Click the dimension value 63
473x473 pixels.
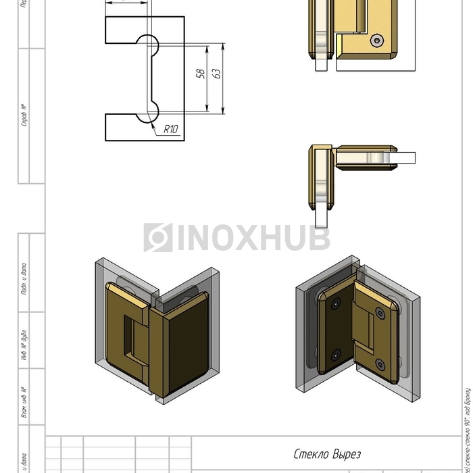217,73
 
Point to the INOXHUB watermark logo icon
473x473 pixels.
157,238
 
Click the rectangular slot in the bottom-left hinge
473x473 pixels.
128,335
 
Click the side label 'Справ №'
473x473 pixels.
24,115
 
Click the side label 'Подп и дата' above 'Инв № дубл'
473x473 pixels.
24,278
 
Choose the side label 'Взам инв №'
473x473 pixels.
24,402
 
